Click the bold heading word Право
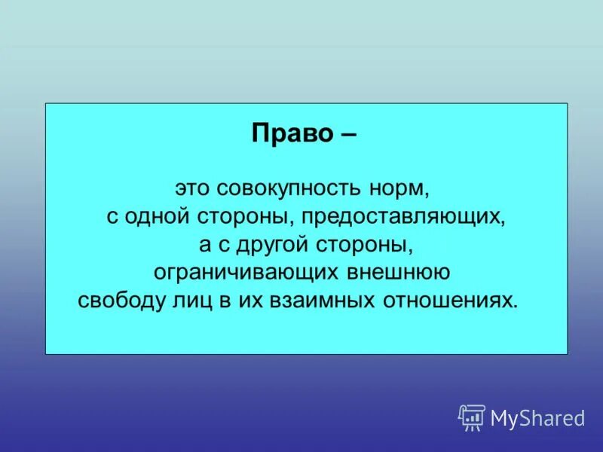[x=292, y=133]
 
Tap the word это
[x=192, y=188]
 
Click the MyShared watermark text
[x=537, y=418]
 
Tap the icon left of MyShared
[x=472, y=417]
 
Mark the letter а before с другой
[x=205, y=246]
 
